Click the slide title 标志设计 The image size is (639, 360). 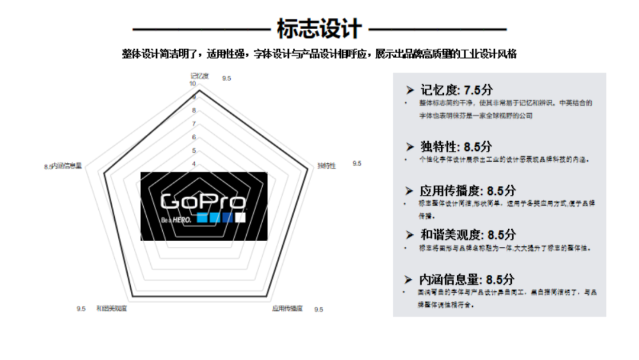coord(319,28)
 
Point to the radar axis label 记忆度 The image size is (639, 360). coord(200,76)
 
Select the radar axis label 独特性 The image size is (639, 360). coord(327,166)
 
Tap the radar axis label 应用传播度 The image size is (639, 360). coord(288,308)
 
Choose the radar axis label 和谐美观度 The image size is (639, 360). coord(112,308)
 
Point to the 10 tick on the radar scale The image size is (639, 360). coord(192,84)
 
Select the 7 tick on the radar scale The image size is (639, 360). coord(193,124)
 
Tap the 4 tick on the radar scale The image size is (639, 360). coord(193,163)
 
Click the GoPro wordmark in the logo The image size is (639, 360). coord(203,201)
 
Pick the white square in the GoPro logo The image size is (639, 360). coord(240,217)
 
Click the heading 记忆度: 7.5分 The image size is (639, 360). coord(456,90)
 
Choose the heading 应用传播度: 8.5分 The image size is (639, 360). coord(467,191)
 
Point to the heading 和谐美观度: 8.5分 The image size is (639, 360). coord(467,235)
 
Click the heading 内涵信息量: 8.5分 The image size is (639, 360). coord(467,279)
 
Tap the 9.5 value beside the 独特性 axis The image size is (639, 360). coord(357,163)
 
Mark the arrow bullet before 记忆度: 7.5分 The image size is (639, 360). coord(409,90)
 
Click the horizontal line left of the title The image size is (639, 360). coord(201,28)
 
